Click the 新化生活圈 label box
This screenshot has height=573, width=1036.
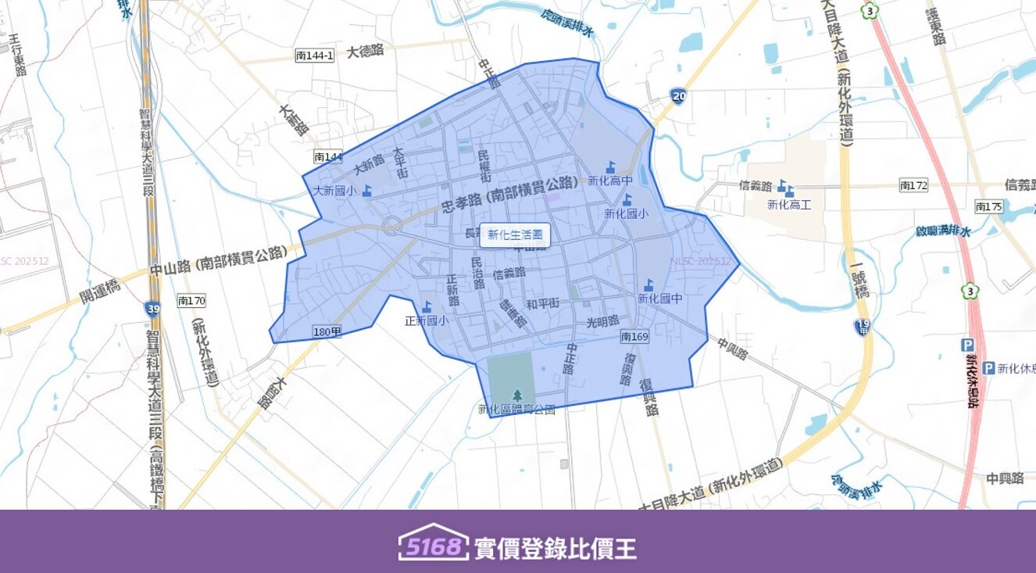514,235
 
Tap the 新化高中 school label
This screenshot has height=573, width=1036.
609,181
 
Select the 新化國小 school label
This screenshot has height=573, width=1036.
625,213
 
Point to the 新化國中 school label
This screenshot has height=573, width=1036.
659,298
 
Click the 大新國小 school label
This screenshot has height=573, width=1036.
334,190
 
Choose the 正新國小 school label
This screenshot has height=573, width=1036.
426,320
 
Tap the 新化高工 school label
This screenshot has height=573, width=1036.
789,205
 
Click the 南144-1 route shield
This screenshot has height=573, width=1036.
315,56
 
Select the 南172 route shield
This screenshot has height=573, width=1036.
913,185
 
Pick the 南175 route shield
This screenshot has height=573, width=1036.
988,206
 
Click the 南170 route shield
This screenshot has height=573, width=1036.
191,300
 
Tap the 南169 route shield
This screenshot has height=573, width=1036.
634,337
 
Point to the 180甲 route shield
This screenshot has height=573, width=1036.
327,332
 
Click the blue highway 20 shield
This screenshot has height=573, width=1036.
678,96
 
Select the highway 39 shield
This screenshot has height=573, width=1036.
152,308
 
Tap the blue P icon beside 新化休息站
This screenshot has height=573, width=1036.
988,368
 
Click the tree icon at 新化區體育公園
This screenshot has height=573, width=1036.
516,396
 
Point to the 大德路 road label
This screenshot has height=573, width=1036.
366,52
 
